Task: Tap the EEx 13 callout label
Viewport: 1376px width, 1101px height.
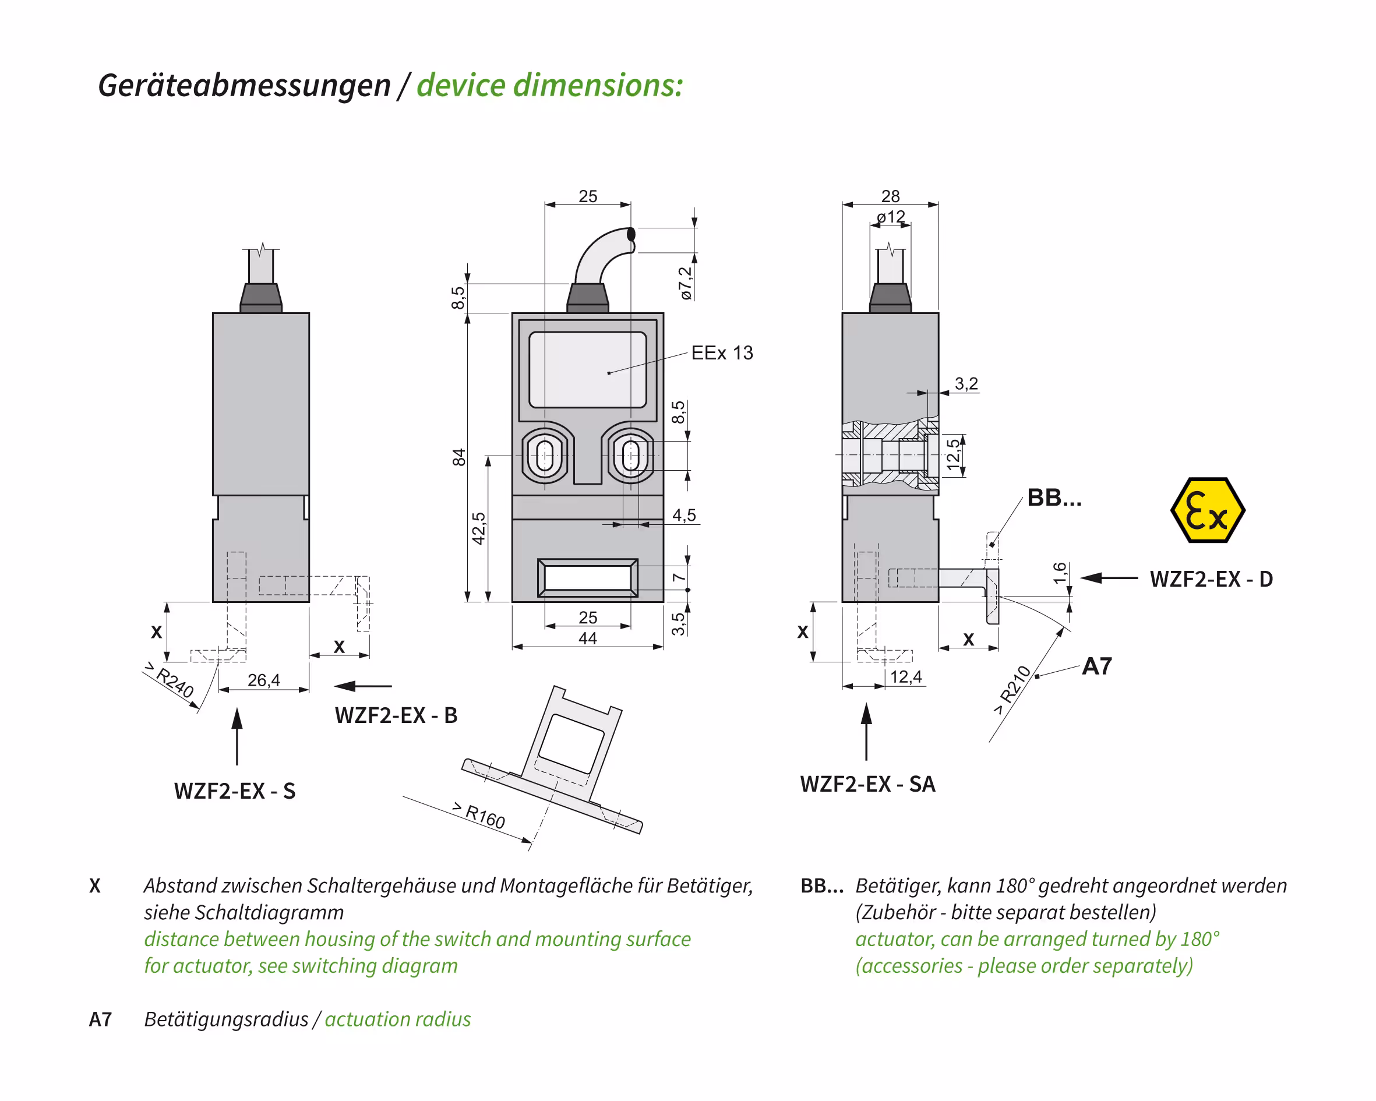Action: click(722, 353)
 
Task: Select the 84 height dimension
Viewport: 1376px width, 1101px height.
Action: click(459, 457)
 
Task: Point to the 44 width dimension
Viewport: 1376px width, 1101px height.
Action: click(587, 638)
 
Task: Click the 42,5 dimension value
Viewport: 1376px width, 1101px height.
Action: click(479, 528)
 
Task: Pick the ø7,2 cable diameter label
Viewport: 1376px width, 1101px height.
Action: click(686, 283)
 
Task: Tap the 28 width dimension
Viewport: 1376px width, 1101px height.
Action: click(890, 196)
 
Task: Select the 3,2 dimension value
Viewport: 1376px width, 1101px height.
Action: click(966, 383)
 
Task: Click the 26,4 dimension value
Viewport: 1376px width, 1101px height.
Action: click(263, 680)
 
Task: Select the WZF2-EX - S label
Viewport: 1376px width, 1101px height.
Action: click(235, 792)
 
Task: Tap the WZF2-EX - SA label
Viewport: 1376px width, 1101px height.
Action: click(868, 784)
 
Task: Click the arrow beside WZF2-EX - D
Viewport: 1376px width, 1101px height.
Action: click(1109, 578)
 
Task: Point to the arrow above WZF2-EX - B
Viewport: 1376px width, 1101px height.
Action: click(362, 686)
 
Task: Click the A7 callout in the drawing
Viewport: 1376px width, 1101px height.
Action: click(1096, 666)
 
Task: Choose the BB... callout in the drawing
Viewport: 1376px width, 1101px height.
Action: click(1054, 498)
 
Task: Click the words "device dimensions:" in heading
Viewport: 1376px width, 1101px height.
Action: click(549, 86)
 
